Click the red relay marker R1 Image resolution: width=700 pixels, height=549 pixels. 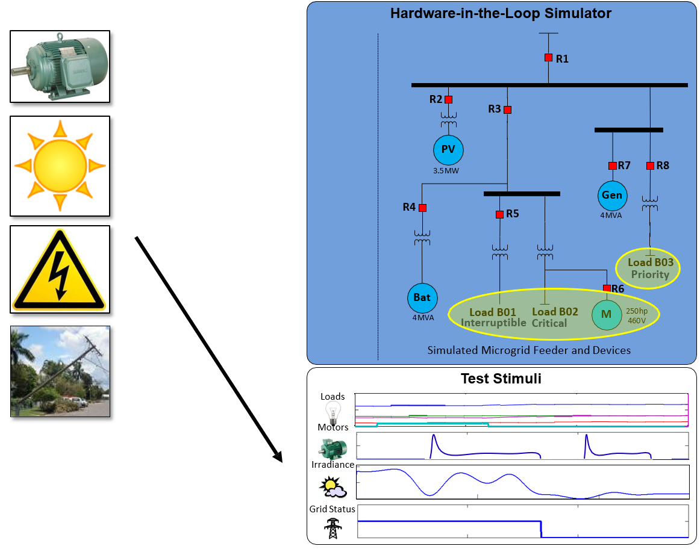click(x=548, y=58)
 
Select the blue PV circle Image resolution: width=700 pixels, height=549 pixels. click(x=448, y=150)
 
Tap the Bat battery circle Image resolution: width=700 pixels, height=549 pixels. click(x=422, y=297)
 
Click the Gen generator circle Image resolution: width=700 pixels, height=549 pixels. click(x=613, y=195)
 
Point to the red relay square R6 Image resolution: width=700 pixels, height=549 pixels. click(x=607, y=288)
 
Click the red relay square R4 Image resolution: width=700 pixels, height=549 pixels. click(x=422, y=208)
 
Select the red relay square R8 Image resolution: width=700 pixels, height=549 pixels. click(x=650, y=166)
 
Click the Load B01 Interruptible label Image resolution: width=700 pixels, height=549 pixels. click(x=493, y=317)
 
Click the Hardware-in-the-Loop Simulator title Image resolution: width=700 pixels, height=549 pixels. click(x=501, y=13)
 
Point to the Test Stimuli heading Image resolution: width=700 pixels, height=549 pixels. click(x=501, y=379)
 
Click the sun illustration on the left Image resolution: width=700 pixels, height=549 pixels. click(x=60, y=166)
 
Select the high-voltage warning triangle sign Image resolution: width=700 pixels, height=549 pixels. click(x=60, y=269)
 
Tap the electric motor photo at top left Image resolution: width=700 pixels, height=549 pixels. click(x=60, y=66)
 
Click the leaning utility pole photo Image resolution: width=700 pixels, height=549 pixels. click(x=60, y=371)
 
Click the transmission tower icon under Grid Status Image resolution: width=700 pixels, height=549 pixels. click(x=331, y=528)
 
